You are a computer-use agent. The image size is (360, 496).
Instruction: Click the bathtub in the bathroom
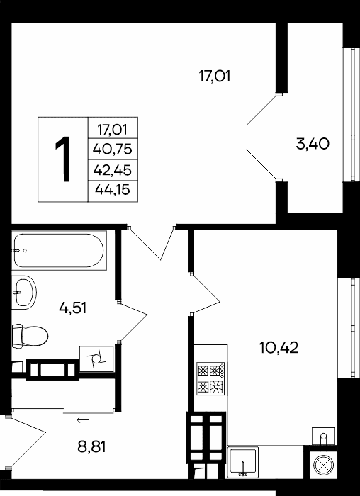pyautogui.click(x=59, y=251)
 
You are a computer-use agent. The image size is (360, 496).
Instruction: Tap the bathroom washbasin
pyautogui.click(x=24, y=293)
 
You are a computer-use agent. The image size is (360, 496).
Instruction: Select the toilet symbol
pyautogui.click(x=30, y=336)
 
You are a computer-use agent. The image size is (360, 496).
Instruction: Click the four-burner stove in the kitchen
pyautogui.click(x=210, y=378)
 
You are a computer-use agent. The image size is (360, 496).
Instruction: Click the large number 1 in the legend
pyautogui.click(x=63, y=159)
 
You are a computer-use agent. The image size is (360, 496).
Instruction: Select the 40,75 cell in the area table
pyautogui.click(x=113, y=149)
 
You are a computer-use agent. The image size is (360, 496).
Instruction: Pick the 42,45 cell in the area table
pyautogui.click(x=113, y=170)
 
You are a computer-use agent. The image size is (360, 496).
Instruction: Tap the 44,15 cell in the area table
pyautogui.click(x=113, y=191)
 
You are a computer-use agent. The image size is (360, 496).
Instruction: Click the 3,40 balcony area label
pyautogui.click(x=313, y=145)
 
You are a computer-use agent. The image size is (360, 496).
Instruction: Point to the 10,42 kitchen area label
pyautogui.click(x=279, y=348)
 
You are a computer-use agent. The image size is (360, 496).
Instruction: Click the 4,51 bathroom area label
pyautogui.click(x=73, y=308)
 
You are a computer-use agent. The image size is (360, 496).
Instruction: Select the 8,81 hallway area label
pyautogui.click(x=91, y=447)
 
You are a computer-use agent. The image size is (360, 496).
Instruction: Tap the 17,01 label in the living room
pyautogui.click(x=214, y=77)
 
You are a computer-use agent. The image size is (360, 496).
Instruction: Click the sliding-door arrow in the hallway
pyautogui.click(x=83, y=419)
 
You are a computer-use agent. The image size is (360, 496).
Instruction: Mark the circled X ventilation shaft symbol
pyautogui.click(x=323, y=465)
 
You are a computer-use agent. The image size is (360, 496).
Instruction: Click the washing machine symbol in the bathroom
pyautogui.click(x=96, y=359)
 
